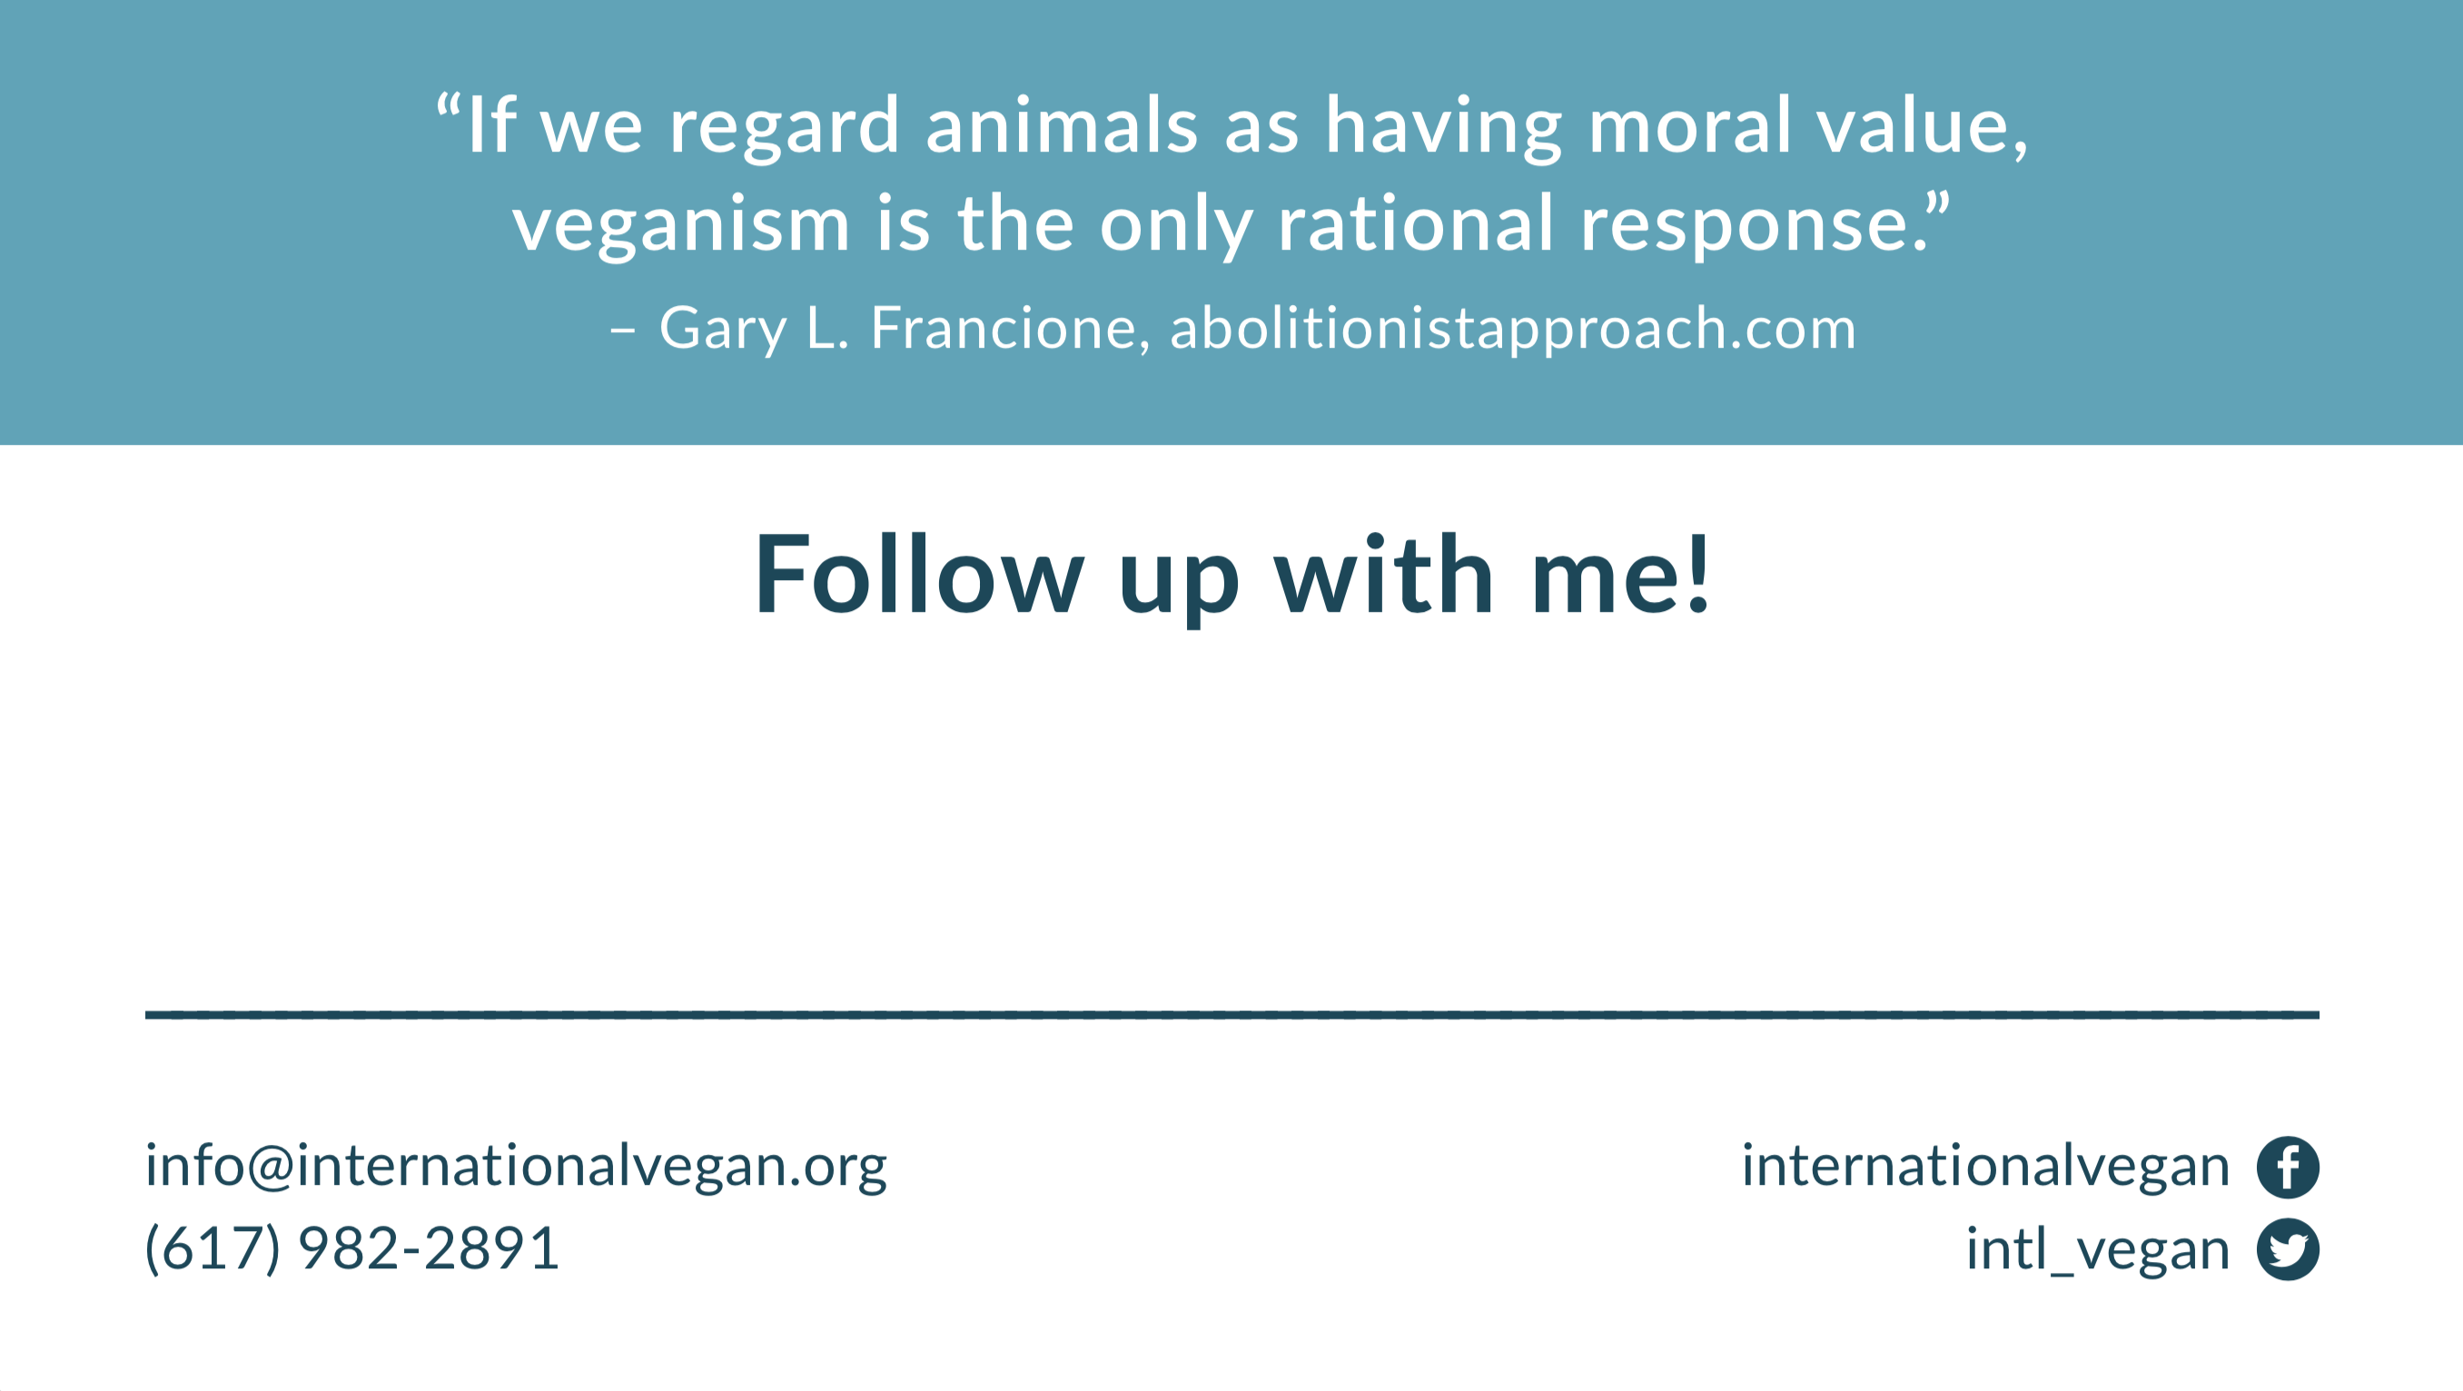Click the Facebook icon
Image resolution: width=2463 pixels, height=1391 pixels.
pos(2287,1167)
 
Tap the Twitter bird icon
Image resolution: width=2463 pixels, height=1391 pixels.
pos(2287,1248)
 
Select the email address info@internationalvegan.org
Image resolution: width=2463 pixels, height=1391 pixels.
pos(517,1167)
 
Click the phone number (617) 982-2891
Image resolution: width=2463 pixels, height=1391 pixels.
pos(351,1248)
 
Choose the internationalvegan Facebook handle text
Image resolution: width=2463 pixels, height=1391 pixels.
pos(1986,1167)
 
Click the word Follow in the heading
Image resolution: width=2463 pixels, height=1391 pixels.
pos(920,575)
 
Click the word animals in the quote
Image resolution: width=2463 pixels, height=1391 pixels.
pos(1063,125)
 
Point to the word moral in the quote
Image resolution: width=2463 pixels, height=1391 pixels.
pos(1689,125)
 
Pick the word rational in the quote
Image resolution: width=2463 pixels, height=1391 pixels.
pos(1416,223)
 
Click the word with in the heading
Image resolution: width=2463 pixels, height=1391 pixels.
pos(1383,575)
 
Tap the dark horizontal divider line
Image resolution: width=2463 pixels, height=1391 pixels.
pos(1231,1014)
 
